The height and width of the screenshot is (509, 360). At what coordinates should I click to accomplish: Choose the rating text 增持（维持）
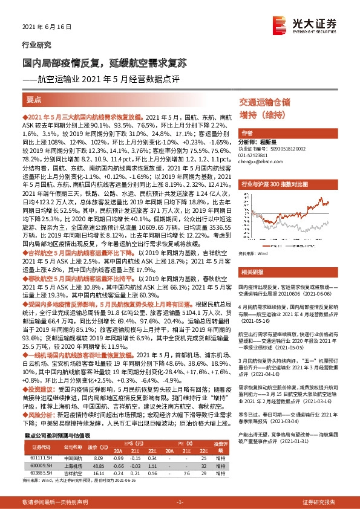click(261, 115)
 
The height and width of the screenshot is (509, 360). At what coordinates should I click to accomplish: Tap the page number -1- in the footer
click(180, 502)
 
